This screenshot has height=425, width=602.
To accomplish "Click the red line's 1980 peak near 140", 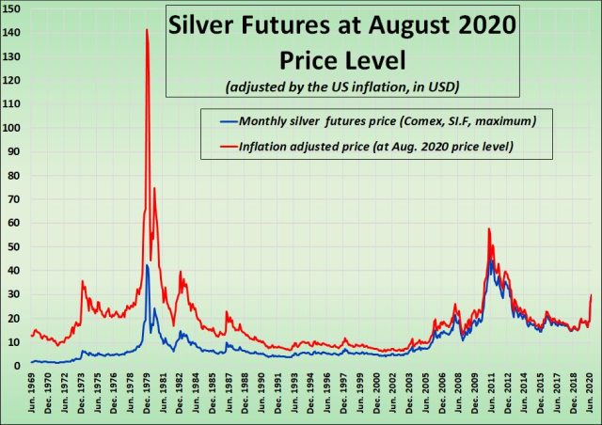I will click(x=147, y=30).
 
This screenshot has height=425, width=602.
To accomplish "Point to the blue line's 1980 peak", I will click(x=147, y=265).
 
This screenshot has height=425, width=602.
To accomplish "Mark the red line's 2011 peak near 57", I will click(x=489, y=228).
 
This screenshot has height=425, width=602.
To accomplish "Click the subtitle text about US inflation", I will click(x=342, y=87).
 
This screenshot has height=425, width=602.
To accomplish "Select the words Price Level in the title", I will click(x=343, y=60).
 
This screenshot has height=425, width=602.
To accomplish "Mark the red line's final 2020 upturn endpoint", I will click(x=591, y=295).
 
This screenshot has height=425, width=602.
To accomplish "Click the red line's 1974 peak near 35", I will click(x=83, y=281).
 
